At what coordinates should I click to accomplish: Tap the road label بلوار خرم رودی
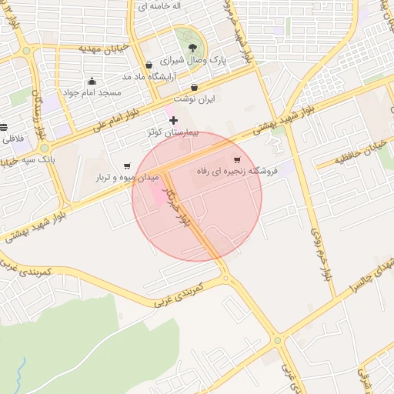(318, 251)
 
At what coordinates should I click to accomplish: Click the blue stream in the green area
(21, 369)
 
